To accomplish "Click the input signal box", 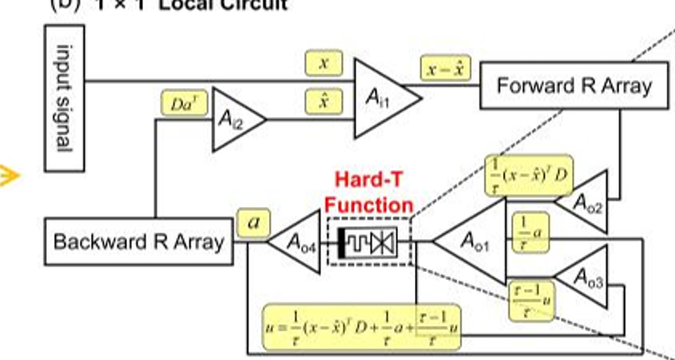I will [x=65, y=98].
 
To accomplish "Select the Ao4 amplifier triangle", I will [x=298, y=242].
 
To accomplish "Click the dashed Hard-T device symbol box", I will [x=369, y=241].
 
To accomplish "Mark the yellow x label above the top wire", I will [x=324, y=63].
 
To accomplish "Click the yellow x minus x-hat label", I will [x=442, y=68].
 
